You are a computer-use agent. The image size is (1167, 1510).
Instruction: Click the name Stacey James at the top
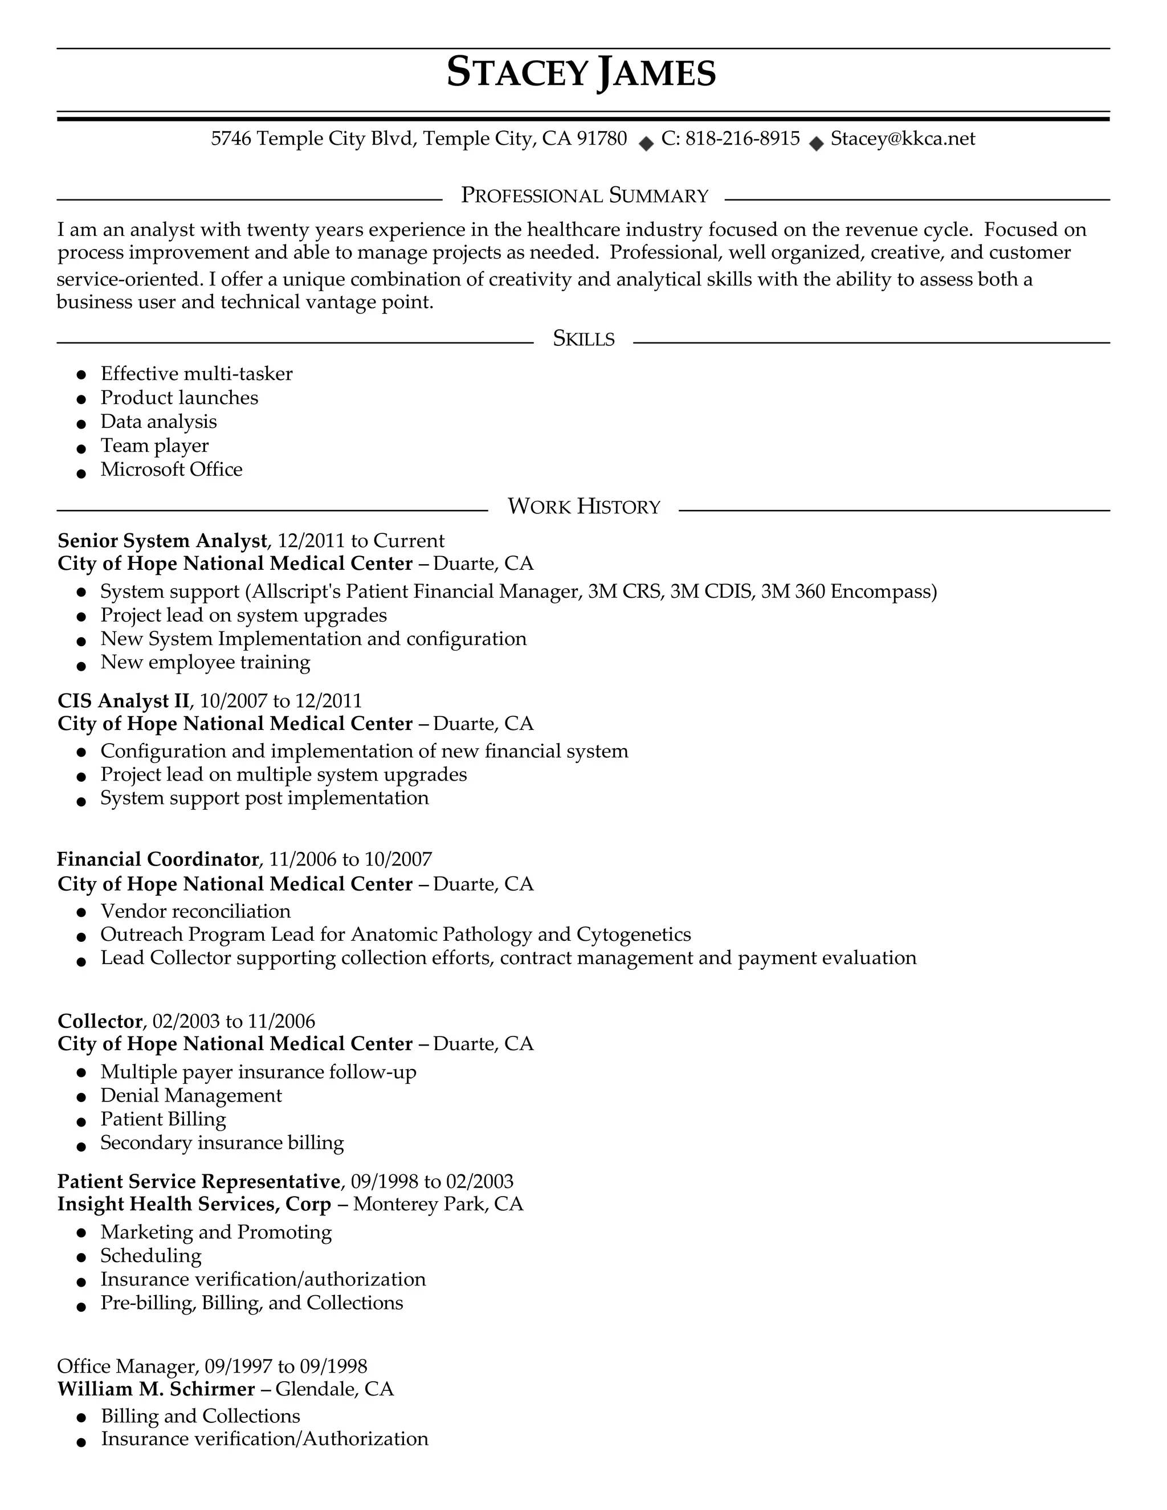coord(581,72)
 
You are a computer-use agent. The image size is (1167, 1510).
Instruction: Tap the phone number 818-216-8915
coord(742,139)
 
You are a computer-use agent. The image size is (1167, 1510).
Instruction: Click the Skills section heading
coord(583,339)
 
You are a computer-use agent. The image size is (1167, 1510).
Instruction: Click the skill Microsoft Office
coord(172,470)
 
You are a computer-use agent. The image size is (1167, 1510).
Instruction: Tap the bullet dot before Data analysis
coord(81,423)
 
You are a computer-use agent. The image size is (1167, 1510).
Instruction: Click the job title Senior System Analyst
coord(162,541)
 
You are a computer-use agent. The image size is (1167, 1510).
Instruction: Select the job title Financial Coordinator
coord(158,859)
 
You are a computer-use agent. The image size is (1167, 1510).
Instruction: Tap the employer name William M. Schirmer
coord(156,1389)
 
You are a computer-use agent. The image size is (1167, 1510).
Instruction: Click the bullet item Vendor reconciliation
coord(195,911)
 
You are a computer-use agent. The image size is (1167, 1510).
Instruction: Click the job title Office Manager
coord(127,1366)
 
